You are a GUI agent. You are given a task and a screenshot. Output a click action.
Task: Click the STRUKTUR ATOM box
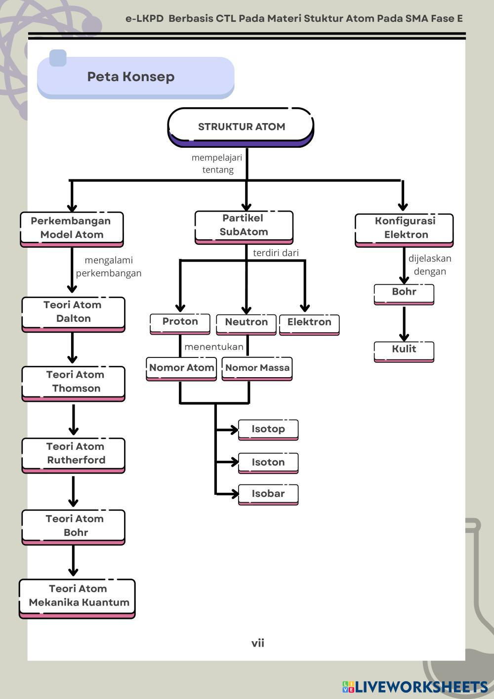click(x=241, y=127)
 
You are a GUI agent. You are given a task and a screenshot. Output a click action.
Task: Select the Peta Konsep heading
click(x=131, y=77)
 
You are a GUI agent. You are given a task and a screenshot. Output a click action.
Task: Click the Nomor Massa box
click(x=257, y=368)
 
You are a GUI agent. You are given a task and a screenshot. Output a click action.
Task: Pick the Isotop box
click(x=268, y=429)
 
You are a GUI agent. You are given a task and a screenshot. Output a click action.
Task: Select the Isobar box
click(x=268, y=494)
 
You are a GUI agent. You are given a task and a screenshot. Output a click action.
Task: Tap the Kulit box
click(x=404, y=349)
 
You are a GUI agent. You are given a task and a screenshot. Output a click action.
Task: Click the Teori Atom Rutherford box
click(x=74, y=454)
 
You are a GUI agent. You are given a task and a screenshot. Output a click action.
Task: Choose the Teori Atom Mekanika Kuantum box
click(x=77, y=596)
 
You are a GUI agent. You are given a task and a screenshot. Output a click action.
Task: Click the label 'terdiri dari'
click(x=276, y=253)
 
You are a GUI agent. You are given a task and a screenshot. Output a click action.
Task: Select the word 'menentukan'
click(x=214, y=347)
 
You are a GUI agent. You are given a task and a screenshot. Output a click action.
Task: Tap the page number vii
click(x=257, y=643)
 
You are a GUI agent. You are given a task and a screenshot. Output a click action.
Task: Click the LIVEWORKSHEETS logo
click(x=415, y=687)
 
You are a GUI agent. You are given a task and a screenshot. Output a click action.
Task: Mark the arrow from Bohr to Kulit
click(x=404, y=324)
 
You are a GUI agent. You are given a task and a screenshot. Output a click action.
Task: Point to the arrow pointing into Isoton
click(x=227, y=462)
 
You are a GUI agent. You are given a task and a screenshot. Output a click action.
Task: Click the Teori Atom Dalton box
click(x=73, y=312)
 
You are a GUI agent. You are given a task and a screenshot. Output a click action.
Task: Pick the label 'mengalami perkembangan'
click(x=109, y=266)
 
